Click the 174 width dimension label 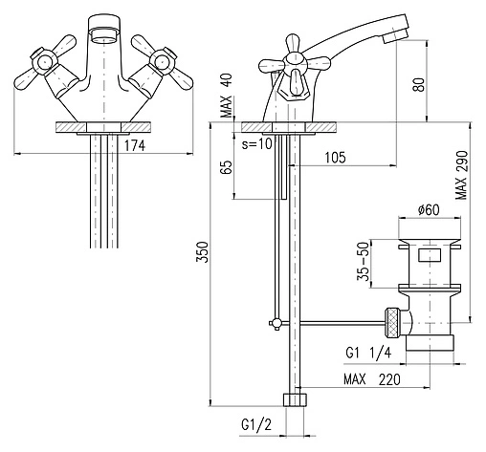pos(134,145)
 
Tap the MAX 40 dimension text pos(227,96)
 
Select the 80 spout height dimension pos(419,84)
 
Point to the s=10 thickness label pos(257,143)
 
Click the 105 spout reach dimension pos(335,158)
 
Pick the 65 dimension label pos(227,167)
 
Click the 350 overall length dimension pos(202,252)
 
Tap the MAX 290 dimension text pos(461,175)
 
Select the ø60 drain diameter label pos(429,209)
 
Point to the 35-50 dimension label pos(363,261)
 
